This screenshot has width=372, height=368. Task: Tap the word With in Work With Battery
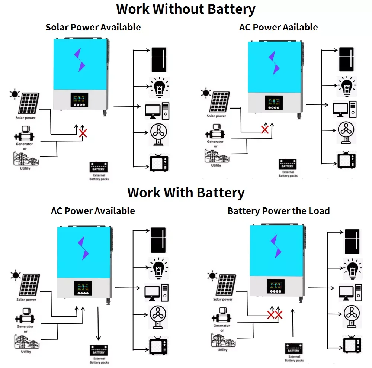[x=179, y=193]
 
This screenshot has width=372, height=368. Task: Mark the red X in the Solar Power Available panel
[x=83, y=133]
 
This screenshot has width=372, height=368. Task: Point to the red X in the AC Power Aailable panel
[x=265, y=129]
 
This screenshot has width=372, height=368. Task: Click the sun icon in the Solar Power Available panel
[x=15, y=94]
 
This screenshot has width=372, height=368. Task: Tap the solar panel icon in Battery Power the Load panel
[x=226, y=285]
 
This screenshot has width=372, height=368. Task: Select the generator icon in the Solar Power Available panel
[x=24, y=133]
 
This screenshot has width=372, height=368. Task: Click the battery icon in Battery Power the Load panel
[x=294, y=349]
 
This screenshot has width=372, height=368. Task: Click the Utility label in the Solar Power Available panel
[x=25, y=168]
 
